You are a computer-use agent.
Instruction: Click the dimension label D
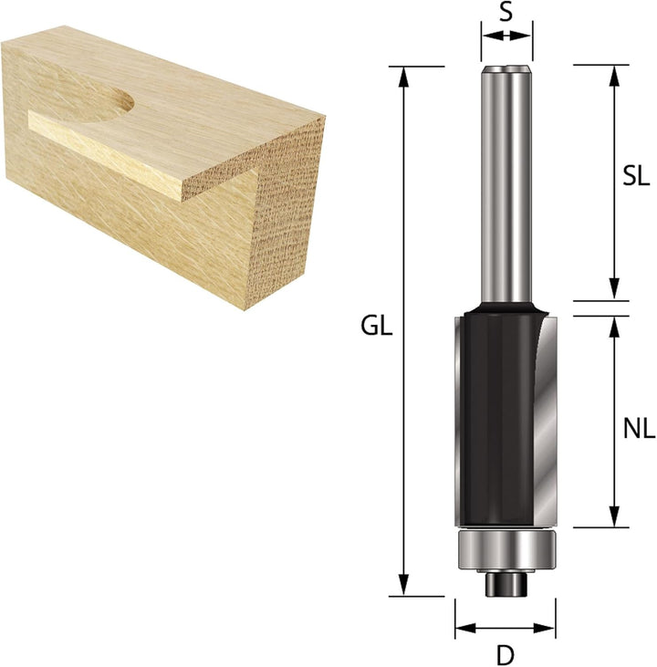pyautogui.click(x=505, y=653)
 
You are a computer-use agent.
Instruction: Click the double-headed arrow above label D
pyautogui.click(x=505, y=628)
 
